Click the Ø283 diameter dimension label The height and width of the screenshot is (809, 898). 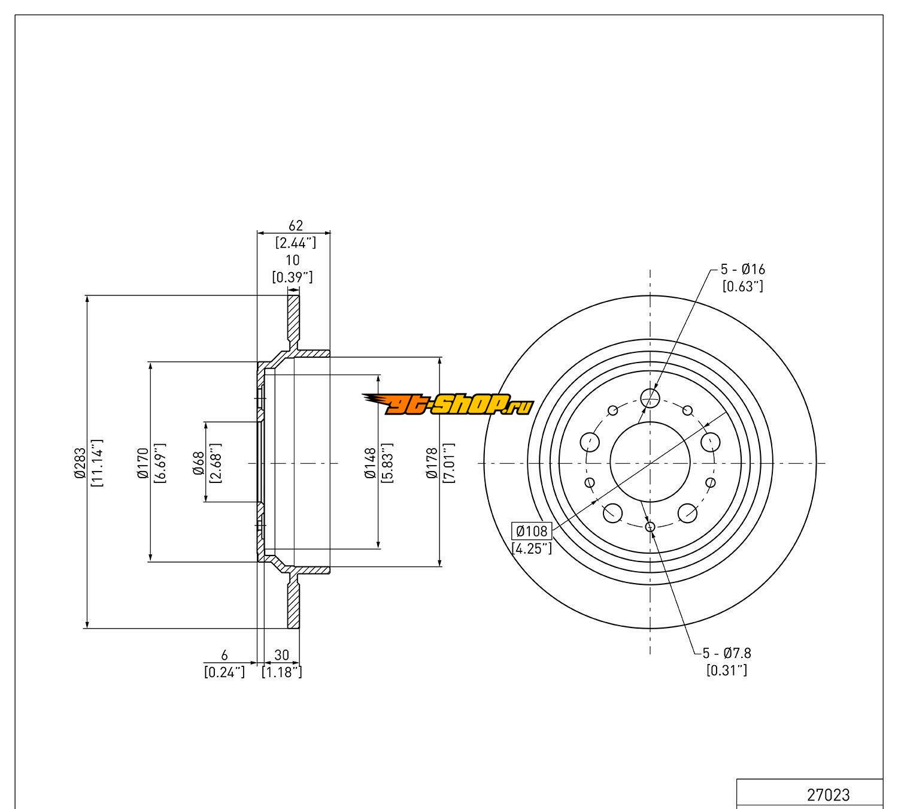[80, 463]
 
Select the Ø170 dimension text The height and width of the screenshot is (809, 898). [142, 463]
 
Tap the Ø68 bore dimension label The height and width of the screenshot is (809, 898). [199, 463]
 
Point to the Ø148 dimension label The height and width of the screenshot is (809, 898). [370, 463]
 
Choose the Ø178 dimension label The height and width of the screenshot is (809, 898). [432, 463]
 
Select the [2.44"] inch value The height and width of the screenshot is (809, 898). [295, 243]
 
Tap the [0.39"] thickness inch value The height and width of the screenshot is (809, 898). [293, 277]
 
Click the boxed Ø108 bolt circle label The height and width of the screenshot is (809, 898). [532, 531]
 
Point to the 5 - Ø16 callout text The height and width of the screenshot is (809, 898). [742, 270]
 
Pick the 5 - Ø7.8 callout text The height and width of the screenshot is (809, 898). [727, 653]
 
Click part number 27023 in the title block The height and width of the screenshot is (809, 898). [828, 795]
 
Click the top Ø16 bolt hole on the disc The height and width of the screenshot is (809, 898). [650, 396]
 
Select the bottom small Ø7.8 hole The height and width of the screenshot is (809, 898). [651, 527]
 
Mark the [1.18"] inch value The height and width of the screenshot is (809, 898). [282, 672]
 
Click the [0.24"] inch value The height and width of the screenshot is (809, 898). [224, 672]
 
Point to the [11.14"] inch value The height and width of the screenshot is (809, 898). [97, 463]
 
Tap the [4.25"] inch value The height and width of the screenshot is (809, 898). [532, 548]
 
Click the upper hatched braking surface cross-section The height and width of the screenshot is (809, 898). [293, 318]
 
